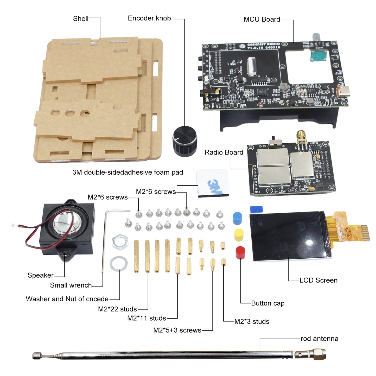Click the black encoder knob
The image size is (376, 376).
pyautogui.click(x=185, y=141)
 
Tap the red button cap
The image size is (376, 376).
pyautogui.click(x=240, y=252)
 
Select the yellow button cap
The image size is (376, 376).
pyautogui.click(x=239, y=235)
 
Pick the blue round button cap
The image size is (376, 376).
pyautogui.click(x=237, y=218)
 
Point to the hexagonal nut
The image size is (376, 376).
pyautogui.click(x=120, y=242)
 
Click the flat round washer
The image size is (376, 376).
pyautogui.click(x=119, y=264)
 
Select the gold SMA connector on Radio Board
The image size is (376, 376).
pyautogui.click(x=301, y=138)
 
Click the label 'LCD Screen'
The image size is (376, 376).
pyautogui.click(x=318, y=280)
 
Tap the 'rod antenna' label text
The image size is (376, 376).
pyautogui.click(x=319, y=339)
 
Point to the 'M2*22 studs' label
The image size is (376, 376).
pyautogui.click(x=117, y=309)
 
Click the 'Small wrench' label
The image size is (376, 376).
pyautogui.click(x=71, y=285)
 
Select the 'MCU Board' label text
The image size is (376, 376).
pyautogui.click(x=262, y=20)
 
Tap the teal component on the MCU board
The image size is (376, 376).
pyautogui.click(x=318, y=55)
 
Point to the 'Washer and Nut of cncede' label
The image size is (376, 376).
pyautogui.click(x=67, y=299)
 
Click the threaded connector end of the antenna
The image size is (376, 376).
pyautogui.click(x=319, y=354)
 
